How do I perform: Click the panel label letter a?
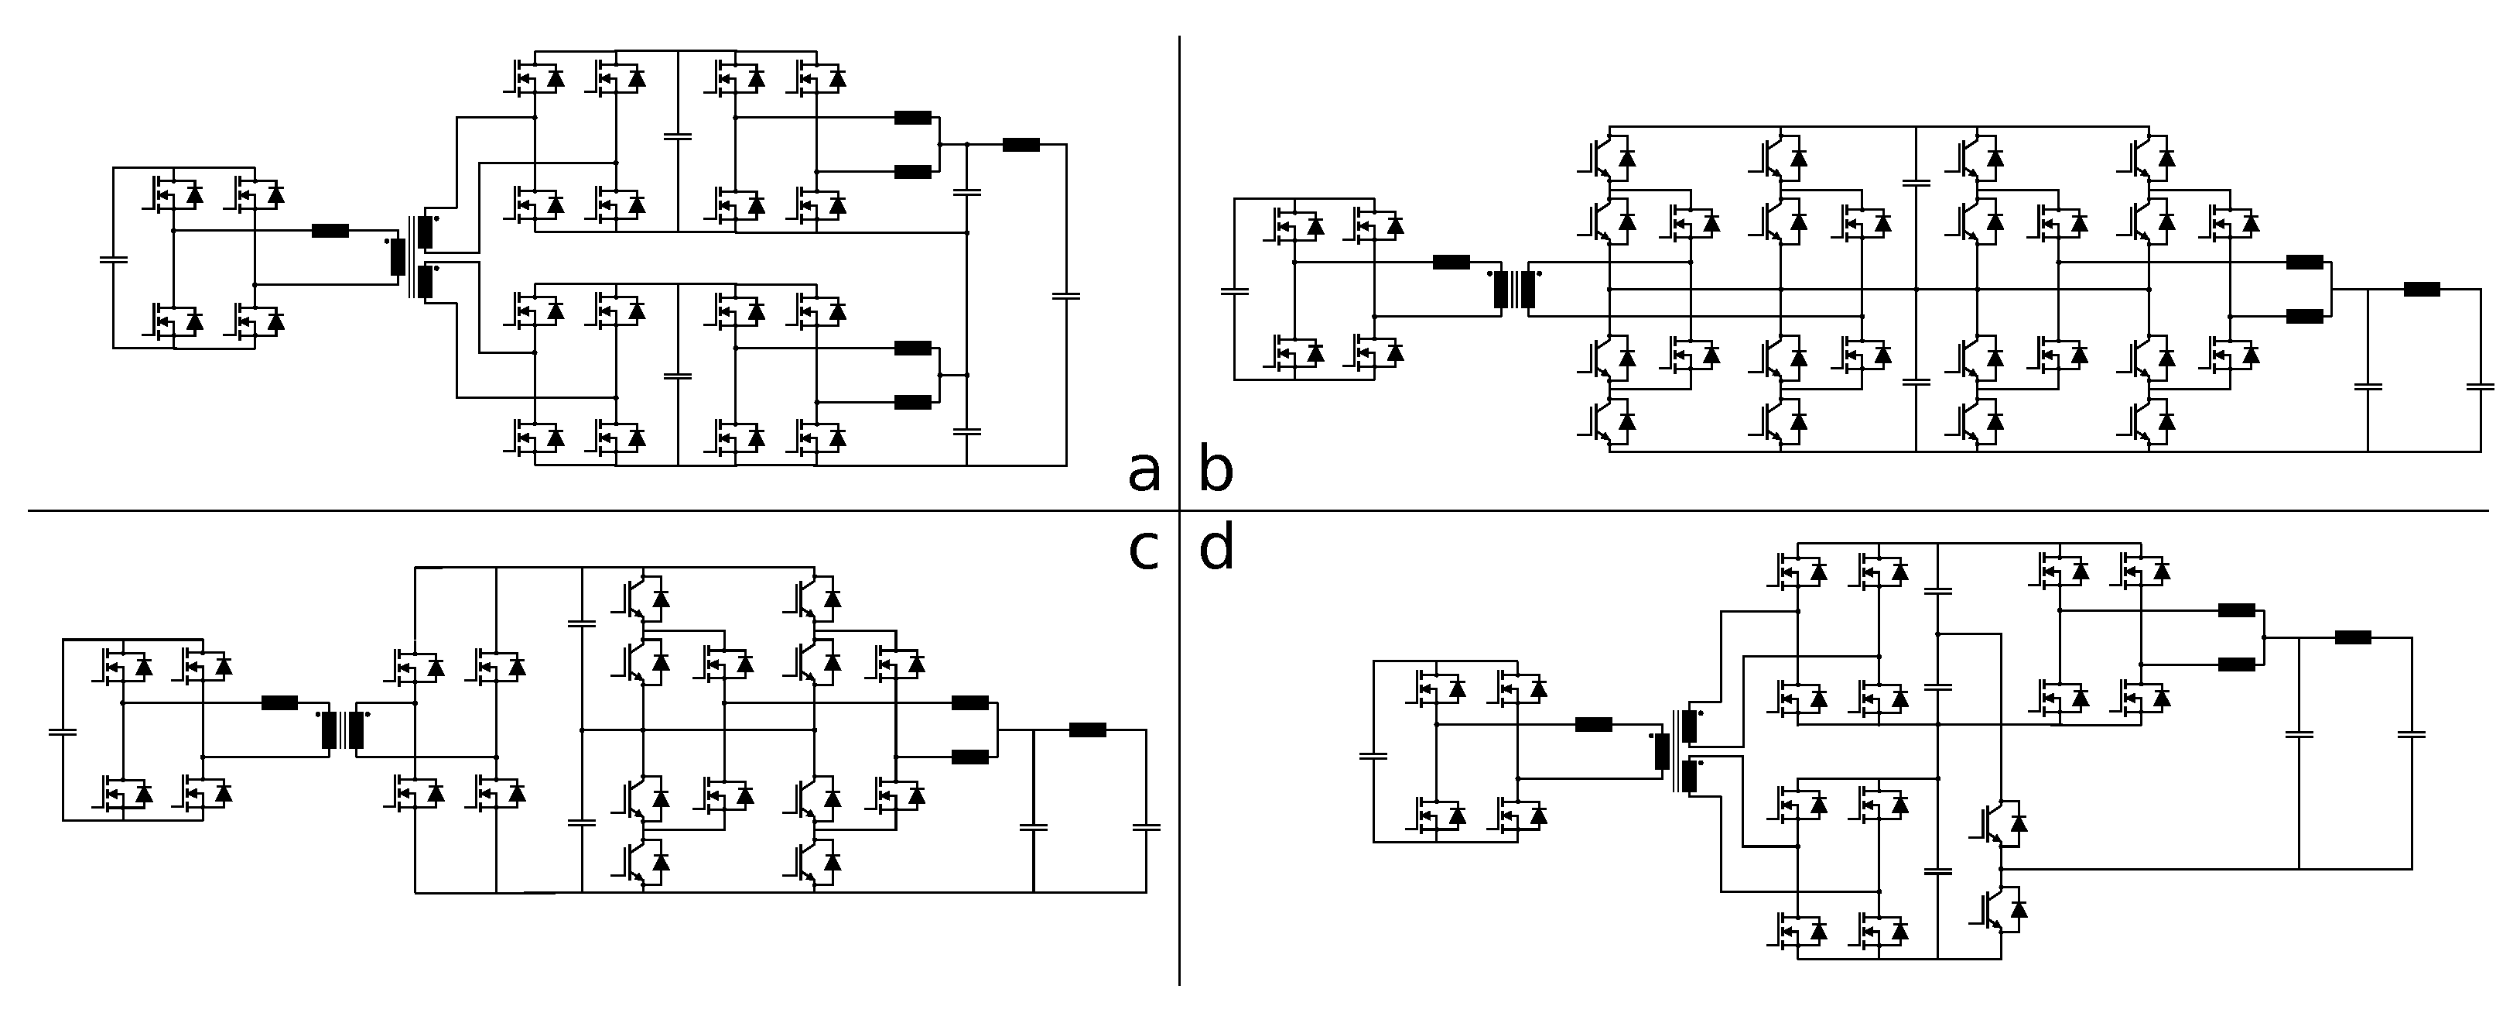tap(1144, 472)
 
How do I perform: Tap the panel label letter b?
tap(1216, 472)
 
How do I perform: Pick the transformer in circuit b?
tap(1514, 290)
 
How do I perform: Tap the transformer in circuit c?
tap(343, 730)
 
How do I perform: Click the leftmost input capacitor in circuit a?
tap(114, 260)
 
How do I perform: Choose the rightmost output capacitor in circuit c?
tap(1146, 828)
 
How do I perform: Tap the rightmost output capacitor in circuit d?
tap(2412, 734)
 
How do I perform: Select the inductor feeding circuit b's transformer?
tap(1451, 263)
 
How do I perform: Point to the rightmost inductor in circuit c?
tap(1087, 730)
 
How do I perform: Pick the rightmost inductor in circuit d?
tap(2353, 637)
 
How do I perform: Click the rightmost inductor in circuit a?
tap(1021, 145)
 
